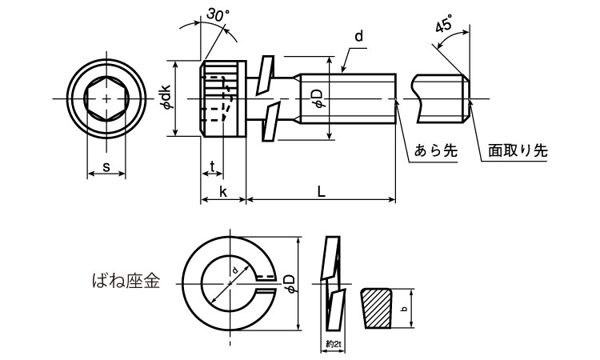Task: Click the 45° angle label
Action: [444, 26]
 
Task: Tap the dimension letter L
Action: [320, 192]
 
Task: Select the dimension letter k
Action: [222, 192]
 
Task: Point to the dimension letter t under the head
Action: [211, 166]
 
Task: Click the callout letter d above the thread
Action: [358, 37]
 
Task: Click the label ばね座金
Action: [126, 281]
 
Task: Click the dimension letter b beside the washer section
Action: [405, 310]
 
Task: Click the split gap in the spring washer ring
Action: [265, 279]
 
